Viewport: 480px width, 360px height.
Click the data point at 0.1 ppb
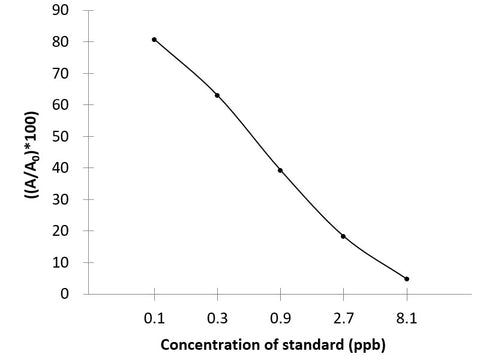[x=154, y=39]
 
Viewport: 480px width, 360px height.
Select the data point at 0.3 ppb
[x=217, y=95]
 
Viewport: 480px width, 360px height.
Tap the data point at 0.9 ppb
[x=280, y=170]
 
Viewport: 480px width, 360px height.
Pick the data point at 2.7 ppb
[x=343, y=236]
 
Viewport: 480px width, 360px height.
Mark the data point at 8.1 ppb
[x=406, y=279]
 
